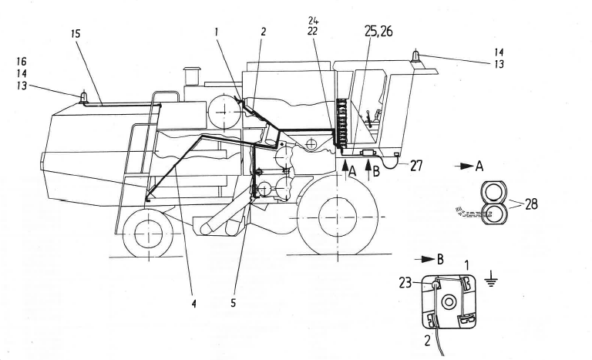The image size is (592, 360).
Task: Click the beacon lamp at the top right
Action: pos(415,56)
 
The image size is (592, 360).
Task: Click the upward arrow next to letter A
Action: pos(341,167)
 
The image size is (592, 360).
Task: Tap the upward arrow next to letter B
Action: pos(368,167)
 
